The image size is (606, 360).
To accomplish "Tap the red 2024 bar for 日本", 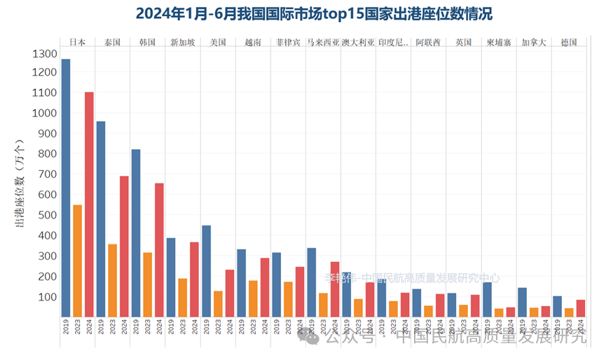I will coord(89,204).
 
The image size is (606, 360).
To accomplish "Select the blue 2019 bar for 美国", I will coord(207,270).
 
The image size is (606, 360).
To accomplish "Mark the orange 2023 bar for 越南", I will coord(254,298).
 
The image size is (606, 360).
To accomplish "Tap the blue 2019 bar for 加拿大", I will coord(523,302).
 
